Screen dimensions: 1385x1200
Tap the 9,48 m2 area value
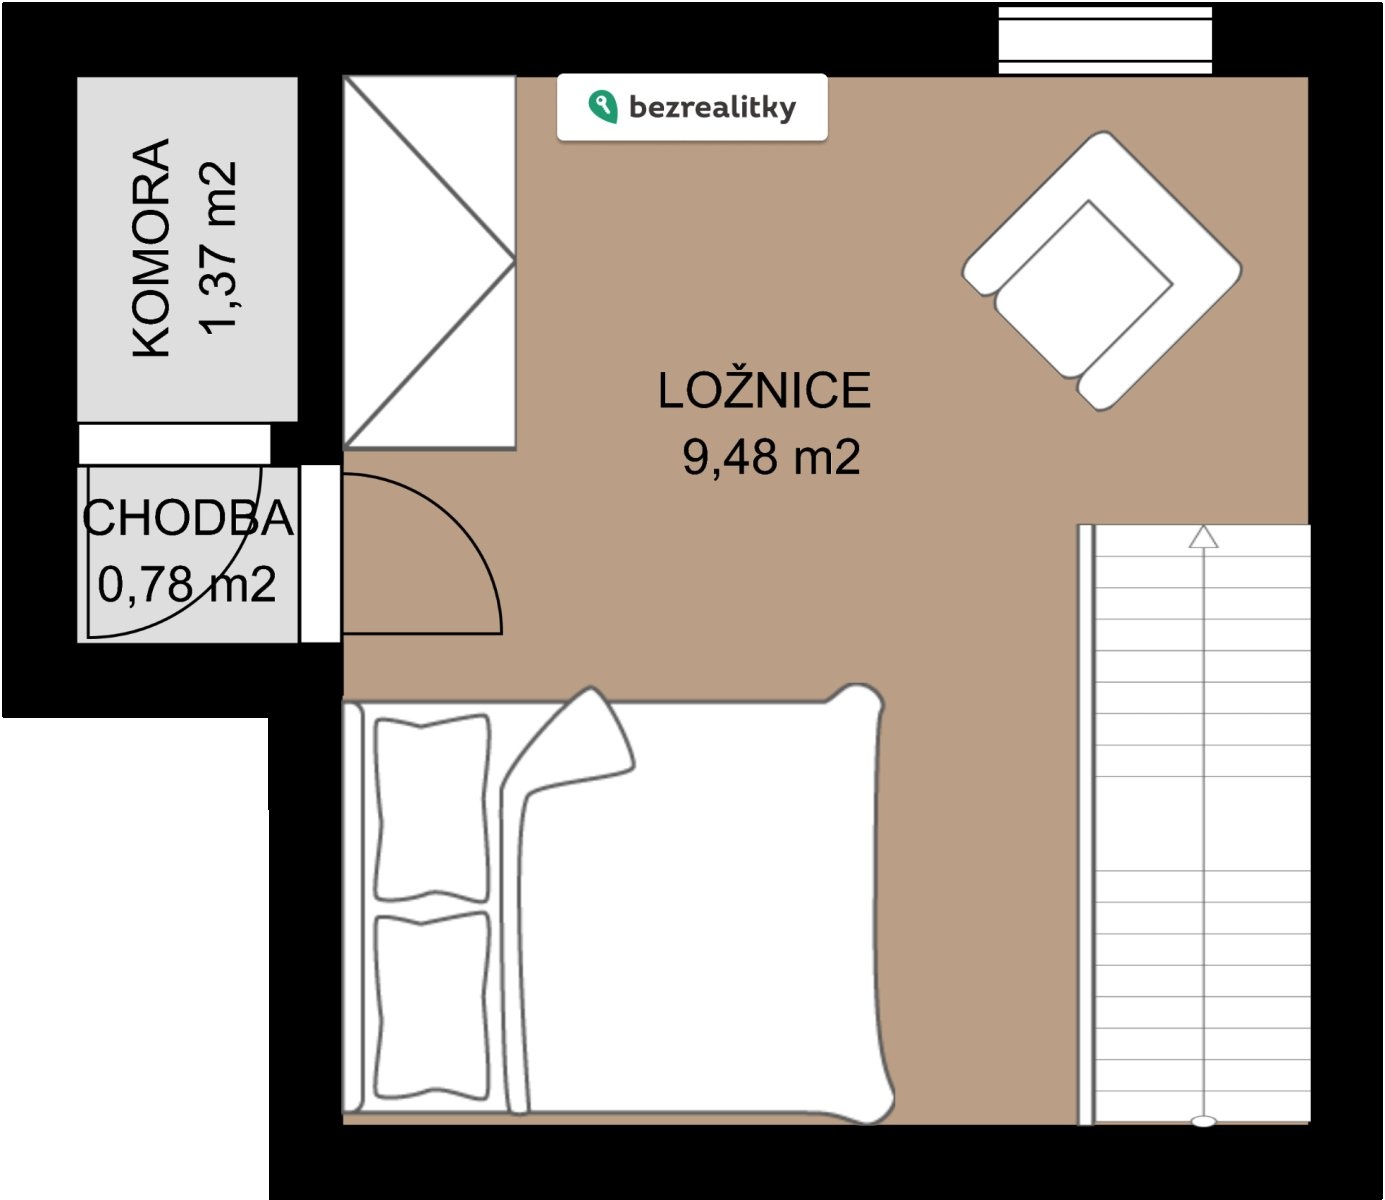pyautogui.click(x=771, y=458)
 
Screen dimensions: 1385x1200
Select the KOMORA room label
pyautogui.click(x=151, y=248)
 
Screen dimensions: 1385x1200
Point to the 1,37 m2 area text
pyautogui.click(x=218, y=248)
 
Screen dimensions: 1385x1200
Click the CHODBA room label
pyautogui.click(x=188, y=518)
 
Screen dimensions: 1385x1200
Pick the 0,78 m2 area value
pyautogui.click(x=187, y=584)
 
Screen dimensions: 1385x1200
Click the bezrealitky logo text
pyautogui.click(x=712, y=108)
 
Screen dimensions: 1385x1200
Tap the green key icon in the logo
pyautogui.click(x=602, y=107)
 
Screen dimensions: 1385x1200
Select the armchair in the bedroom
pyautogui.click(x=1102, y=271)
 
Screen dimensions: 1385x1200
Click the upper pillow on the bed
pyautogui.click(x=432, y=808)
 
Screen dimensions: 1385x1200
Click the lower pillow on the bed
pyautogui.click(x=432, y=1005)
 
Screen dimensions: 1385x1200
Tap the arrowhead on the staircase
pyautogui.click(x=1203, y=536)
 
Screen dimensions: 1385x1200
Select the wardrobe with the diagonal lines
pyautogui.click(x=430, y=262)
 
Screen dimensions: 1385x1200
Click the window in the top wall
pyautogui.click(x=1105, y=40)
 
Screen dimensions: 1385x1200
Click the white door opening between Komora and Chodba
pyautogui.click(x=175, y=444)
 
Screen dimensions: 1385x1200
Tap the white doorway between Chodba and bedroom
pyautogui.click(x=320, y=553)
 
